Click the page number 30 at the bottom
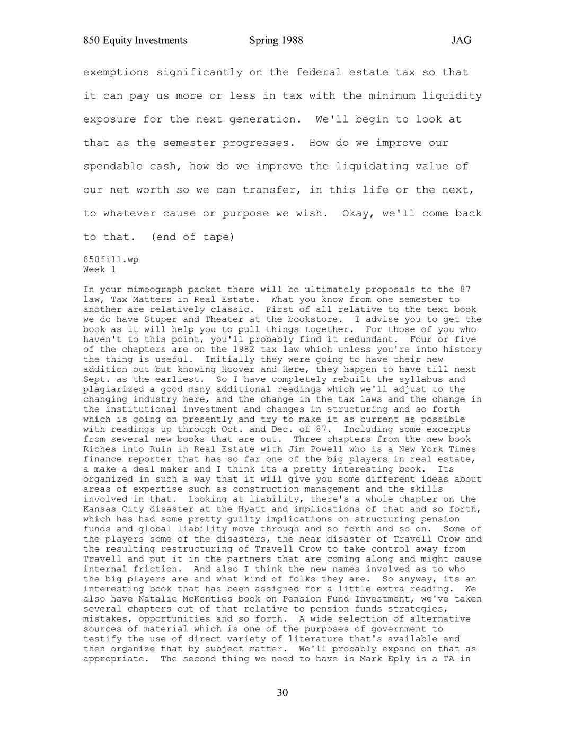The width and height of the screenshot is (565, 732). (282, 693)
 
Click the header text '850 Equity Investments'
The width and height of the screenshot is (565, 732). (135, 40)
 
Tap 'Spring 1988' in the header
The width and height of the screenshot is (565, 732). (276, 40)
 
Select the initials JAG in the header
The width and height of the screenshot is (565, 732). (461, 40)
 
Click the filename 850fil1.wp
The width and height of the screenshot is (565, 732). (111, 259)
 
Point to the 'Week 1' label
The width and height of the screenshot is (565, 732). (100, 269)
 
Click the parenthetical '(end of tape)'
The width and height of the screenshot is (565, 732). (193, 237)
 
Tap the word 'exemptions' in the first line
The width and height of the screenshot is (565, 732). (116, 72)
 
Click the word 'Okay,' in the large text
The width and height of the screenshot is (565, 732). (358, 214)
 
